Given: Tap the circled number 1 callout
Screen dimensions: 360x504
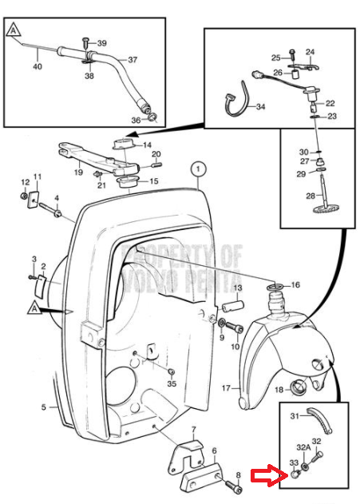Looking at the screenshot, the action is tap(198, 169).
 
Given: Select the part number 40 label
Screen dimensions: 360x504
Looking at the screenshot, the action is tap(38, 66).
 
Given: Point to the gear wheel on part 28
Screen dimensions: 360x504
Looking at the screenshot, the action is tap(326, 211).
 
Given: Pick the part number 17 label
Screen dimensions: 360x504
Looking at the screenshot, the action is tap(226, 388).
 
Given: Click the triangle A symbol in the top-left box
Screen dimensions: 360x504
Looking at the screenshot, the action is tap(13, 30).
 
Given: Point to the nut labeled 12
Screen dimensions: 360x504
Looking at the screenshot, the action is tap(23, 196).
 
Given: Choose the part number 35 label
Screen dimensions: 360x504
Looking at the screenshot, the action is tap(172, 383).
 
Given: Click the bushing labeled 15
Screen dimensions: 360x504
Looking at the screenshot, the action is tap(128, 183).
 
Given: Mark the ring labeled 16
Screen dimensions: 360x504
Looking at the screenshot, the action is tap(276, 287).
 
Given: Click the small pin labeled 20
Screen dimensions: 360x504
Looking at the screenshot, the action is tap(156, 165).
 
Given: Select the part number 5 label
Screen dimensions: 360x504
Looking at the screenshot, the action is tap(44, 407).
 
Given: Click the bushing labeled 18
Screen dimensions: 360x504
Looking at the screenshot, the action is tap(298, 386).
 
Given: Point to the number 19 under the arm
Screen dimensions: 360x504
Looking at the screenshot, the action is tap(78, 172).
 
